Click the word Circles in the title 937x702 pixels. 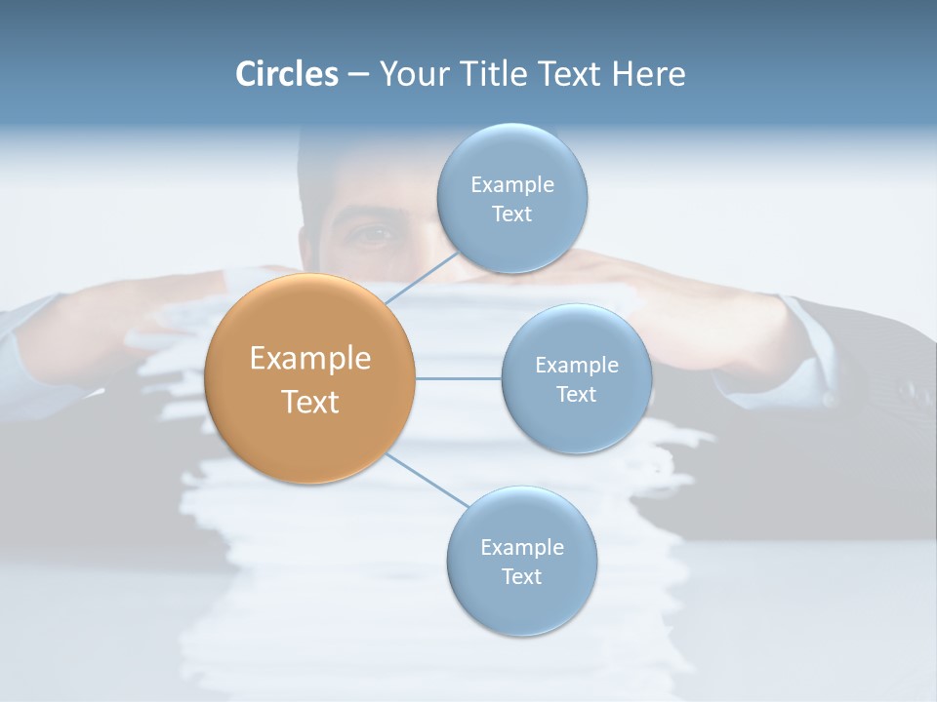[x=286, y=74]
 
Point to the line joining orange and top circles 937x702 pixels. [x=422, y=277]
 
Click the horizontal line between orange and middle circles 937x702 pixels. [x=459, y=378]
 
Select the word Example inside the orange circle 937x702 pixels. [x=310, y=359]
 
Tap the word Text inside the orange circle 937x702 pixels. [x=310, y=402]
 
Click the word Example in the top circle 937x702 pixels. [x=511, y=185]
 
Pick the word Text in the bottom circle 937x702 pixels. [x=521, y=576]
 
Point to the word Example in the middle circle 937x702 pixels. [x=576, y=366]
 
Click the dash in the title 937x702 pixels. [x=358, y=74]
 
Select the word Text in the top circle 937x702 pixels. [x=511, y=214]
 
